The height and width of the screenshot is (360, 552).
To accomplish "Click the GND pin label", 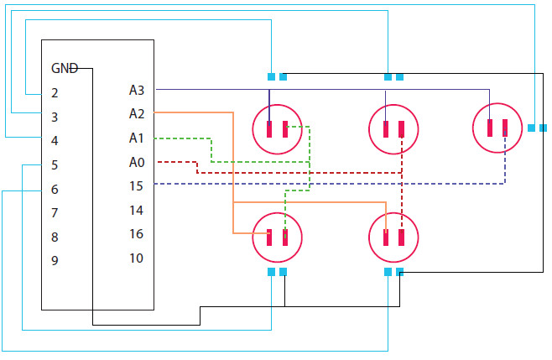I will pos(65,69).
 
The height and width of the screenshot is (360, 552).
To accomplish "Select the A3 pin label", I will pos(137,90).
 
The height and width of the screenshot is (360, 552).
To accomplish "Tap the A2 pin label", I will pos(137,113).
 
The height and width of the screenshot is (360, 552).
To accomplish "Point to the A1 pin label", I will pos(137,138).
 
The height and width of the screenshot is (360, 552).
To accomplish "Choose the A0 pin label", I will pos(137,162).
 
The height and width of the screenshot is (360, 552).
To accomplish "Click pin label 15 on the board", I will pos(136,185).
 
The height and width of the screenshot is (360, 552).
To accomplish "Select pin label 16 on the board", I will pos(136,234).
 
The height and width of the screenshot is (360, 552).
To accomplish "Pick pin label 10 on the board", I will pos(136,258).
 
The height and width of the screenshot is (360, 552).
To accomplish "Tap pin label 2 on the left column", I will pos(55,92).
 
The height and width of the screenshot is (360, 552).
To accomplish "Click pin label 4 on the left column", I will pos(55,141).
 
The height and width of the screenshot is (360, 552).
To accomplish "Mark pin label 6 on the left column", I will pos(55,190).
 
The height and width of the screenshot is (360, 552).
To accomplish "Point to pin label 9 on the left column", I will pos(55,261).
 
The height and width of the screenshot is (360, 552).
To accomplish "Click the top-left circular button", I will pos(277,128).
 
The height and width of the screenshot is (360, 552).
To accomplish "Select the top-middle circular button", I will pos(393,128).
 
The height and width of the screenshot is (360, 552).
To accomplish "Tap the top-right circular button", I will pos(496,127).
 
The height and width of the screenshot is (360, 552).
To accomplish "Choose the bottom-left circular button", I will pos(277,237).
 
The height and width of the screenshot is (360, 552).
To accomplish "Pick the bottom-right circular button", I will pos(393,237).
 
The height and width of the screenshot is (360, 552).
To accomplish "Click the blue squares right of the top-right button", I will pos(537,128).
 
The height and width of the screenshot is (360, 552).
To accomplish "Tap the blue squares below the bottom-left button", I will pos(277,272).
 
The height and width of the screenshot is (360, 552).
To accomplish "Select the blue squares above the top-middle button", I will pos(393,76).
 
